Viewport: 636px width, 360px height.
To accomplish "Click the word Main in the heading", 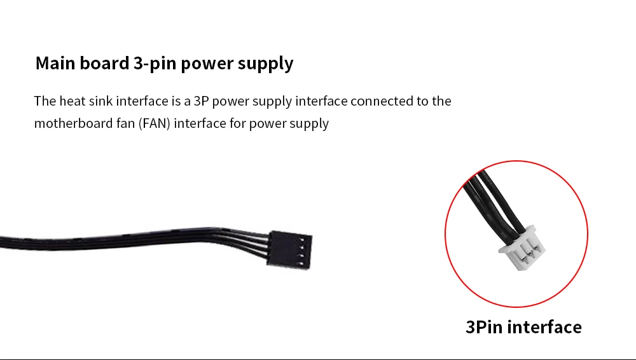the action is pos(55,64).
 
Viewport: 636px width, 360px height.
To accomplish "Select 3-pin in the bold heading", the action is pos(155,64).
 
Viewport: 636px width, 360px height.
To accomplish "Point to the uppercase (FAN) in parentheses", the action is pos(153,123).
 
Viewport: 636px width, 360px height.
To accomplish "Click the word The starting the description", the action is pos(45,101).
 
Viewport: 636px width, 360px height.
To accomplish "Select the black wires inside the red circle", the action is pos(490,204).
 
